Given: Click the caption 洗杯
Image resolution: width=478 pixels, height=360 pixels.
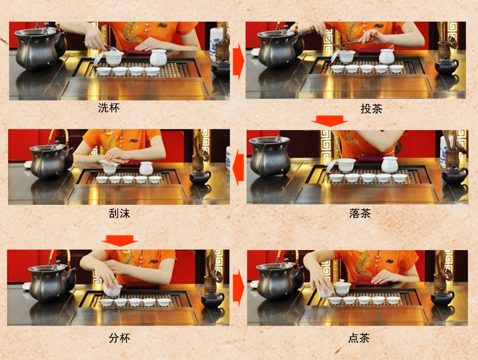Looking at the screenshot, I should (x=109, y=107).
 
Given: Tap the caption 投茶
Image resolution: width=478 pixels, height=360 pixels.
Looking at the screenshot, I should (x=371, y=109).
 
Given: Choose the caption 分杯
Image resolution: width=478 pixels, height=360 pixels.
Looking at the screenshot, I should (x=119, y=337).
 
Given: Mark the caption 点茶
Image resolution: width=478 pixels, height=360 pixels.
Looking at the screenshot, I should (x=359, y=338).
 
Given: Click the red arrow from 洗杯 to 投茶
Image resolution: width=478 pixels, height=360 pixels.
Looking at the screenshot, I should (x=238, y=61).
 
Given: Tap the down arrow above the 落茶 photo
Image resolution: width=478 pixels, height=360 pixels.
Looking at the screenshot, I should (x=329, y=121).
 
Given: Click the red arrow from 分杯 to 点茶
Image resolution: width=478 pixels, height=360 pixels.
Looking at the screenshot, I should (x=238, y=288).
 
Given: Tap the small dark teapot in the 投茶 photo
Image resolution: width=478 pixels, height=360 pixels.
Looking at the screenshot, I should (x=446, y=65).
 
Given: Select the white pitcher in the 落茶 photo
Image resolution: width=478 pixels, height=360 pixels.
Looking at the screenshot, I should (x=390, y=165).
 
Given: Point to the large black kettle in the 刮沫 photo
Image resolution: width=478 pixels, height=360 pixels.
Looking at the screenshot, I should (x=49, y=160).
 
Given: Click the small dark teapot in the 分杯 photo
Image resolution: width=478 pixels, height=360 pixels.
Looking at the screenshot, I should (x=213, y=299).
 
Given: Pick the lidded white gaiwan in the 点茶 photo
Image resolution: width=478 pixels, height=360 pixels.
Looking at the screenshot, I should (x=342, y=288).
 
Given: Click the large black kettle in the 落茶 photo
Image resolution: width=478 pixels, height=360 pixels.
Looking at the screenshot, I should (x=270, y=156).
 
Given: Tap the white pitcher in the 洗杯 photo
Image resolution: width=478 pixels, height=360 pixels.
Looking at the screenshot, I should (x=158, y=58).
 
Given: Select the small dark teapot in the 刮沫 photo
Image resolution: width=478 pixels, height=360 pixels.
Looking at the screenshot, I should (x=200, y=176).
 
